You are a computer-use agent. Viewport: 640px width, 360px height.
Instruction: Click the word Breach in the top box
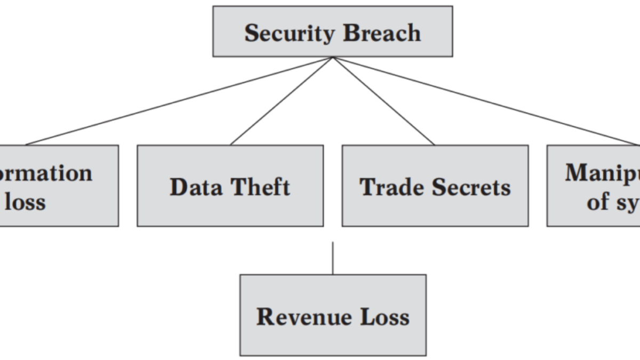tap(381, 33)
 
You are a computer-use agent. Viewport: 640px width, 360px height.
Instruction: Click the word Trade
tap(392, 187)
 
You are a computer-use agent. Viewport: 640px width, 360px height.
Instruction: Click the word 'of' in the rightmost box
tap(597, 202)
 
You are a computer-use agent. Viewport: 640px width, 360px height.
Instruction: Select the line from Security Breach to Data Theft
tap(282, 101)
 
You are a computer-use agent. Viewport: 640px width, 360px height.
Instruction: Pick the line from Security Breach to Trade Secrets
tap(384, 101)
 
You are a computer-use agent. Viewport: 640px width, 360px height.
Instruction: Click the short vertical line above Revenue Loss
tap(333, 258)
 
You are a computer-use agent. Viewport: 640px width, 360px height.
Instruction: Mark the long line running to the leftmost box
tap(179, 101)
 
